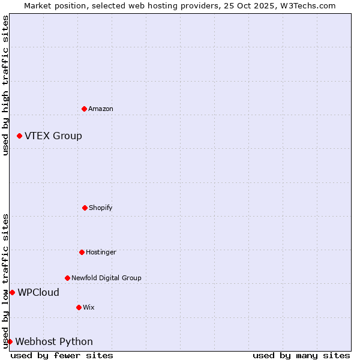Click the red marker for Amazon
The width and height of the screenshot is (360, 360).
coord(85,109)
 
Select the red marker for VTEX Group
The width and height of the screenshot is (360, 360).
coord(20,136)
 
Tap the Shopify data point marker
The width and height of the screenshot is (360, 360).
coord(85,208)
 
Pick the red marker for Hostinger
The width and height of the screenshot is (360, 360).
coord(82,252)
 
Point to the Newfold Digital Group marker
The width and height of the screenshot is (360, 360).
coord(68,278)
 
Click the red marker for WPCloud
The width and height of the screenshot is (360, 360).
coord(13,293)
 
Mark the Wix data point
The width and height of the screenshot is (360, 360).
coord(79,307)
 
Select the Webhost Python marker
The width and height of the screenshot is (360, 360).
coord(10,342)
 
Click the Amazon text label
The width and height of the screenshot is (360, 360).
coord(101,109)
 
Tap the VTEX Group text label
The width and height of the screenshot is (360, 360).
coord(53,136)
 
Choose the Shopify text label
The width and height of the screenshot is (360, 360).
coord(101,208)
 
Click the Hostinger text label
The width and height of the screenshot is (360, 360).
coord(101,252)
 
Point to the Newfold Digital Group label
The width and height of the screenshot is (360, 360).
coord(106,278)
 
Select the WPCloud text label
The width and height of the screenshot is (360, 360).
coord(38,293)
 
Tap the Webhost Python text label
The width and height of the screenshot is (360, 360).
coord(54,342)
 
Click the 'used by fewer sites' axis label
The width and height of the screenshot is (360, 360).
coord(62,355)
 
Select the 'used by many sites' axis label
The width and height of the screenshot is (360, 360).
coord(301,355)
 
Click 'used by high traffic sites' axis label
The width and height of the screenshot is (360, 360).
coord(5,85)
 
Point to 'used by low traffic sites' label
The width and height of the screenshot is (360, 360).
coord(5,281)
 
